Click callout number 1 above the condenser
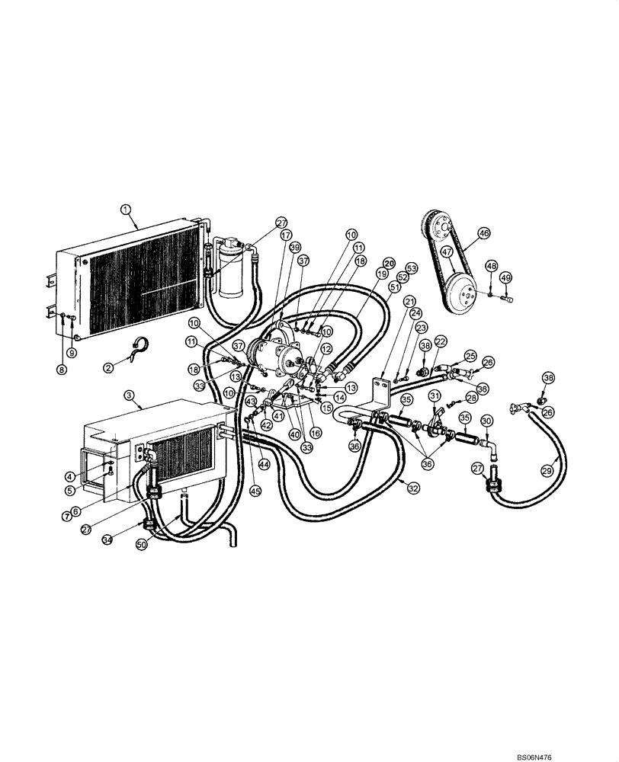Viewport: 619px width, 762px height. tap(125, 208)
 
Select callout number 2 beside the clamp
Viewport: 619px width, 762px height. tap(108, 367)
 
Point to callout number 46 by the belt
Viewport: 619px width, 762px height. tap(484, 234)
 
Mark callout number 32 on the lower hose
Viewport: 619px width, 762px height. tap(413, 488)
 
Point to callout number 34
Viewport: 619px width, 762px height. tap(108, 540)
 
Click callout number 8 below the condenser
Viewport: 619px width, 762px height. tap(62, 369)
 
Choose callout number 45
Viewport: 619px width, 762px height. tap(255, 491)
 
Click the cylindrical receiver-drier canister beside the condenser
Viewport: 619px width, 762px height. tap(229, 271)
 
